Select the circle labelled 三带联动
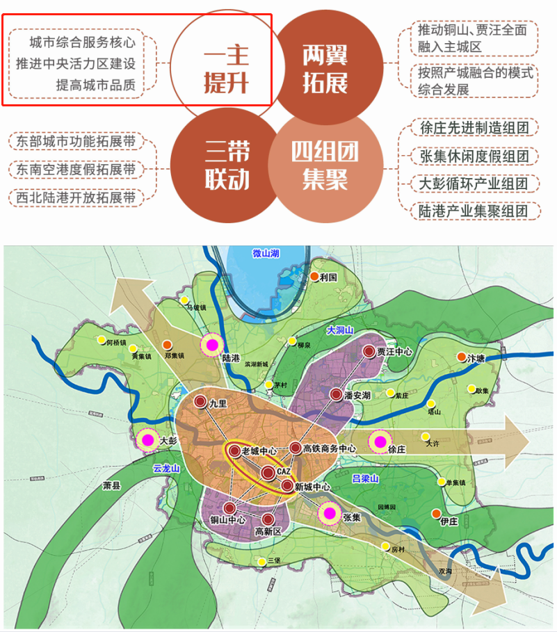pyautogui.click(x=227, y=165)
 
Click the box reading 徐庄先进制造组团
pyautogui.click(x=470, y=129)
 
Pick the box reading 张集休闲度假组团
pyautogui.click(x=470, y=156)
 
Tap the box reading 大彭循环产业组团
pyautogui.click(x=470, y=184)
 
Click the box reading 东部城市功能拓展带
pyautogui.click(x=76, y=142)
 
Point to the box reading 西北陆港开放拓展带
pyautogui.click(x=76, y=197)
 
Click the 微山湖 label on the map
pyautogui.click(x=265, y=254)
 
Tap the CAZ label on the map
pyautogui.click(x=283, y=471)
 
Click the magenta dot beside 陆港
pyautogui.click(x=211, y=343)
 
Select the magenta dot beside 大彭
pyautogui.click(x=147, y=439)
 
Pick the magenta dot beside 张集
pyautogui.click(x=330, y=514)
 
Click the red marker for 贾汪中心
pyautogui.click(x=369, y=353)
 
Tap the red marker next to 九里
pyautogui.click(x=200, y=401)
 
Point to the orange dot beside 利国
pyautogui.click(x=314, y=277)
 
